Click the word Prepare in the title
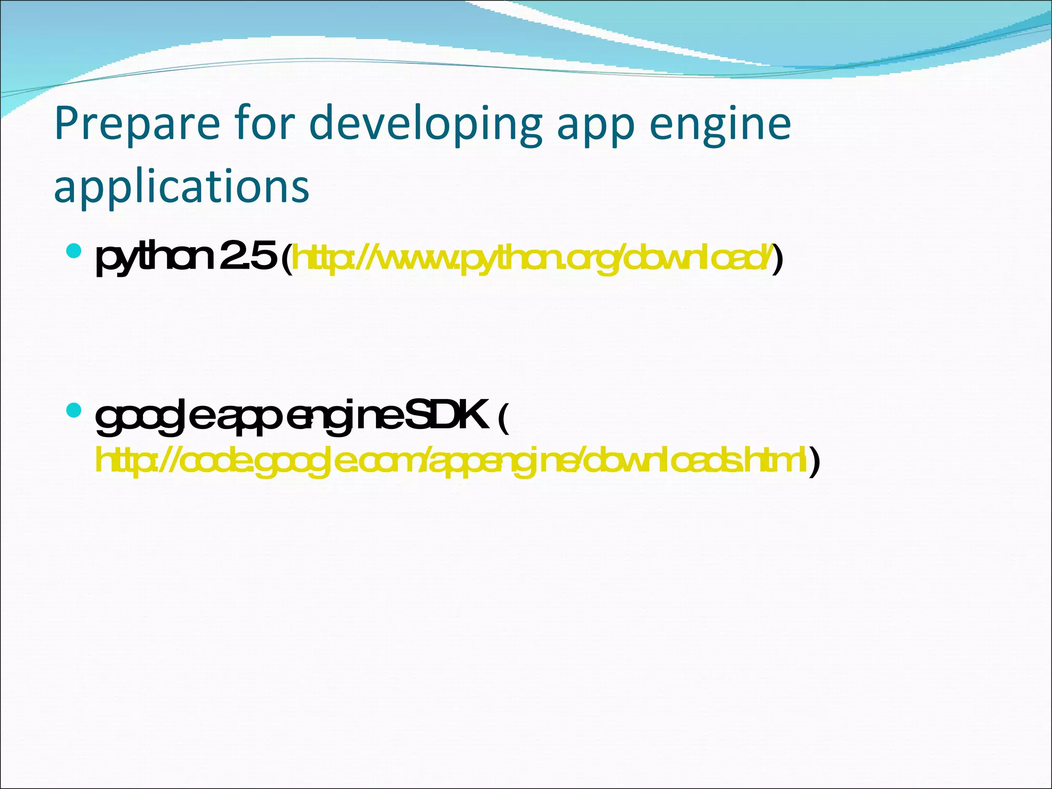coord(137,124)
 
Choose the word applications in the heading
coord(181,186)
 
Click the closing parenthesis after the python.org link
coord(779,259)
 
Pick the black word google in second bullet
coord(154,417)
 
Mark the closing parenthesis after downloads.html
coord(814,461)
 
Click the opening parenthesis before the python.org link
coord(287,259)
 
